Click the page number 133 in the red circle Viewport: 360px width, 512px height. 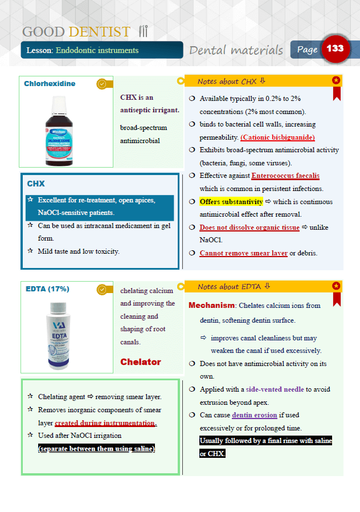pos(335,48)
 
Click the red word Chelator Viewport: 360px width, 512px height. pos(141,362)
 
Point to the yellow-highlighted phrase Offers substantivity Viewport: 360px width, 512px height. pos(231,202)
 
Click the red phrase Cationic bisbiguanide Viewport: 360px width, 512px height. pos(277,137)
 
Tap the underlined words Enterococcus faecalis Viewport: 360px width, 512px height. pos(285,176)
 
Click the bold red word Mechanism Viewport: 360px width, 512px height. pos(211,305)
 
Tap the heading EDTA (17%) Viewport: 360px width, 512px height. pos(48,289)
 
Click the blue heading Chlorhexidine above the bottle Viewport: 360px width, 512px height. pos(50,84)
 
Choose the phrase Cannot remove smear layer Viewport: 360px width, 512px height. pos(243,253)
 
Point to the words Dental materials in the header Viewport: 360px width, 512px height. pos(236,50)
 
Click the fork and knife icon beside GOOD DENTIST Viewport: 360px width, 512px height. pos(143,31)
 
